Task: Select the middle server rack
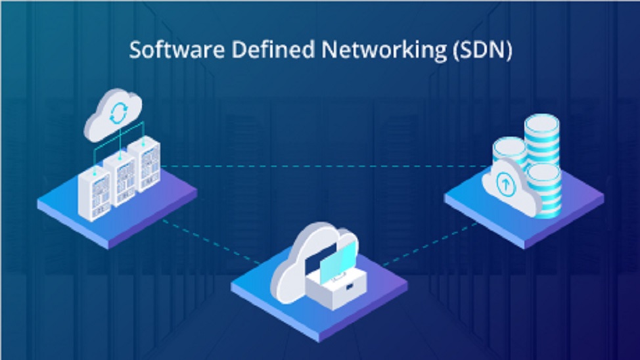tap(120, 179)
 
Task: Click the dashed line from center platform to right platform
tap(427, 246)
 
